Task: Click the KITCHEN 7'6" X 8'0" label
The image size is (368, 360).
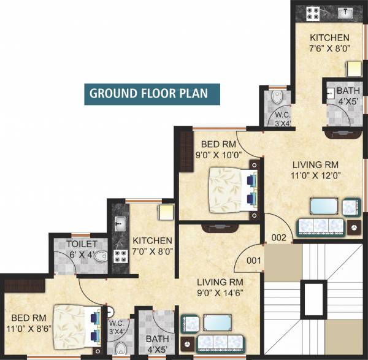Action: pyautogui.click(x=329, y=44)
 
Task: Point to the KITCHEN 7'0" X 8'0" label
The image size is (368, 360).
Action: pyautogui.click(x=153, y=245)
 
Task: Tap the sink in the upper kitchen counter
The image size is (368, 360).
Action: pyautogui.click(x=343, y=12)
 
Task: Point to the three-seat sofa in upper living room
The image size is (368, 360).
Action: pyautogui.click(x=319, y=227)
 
